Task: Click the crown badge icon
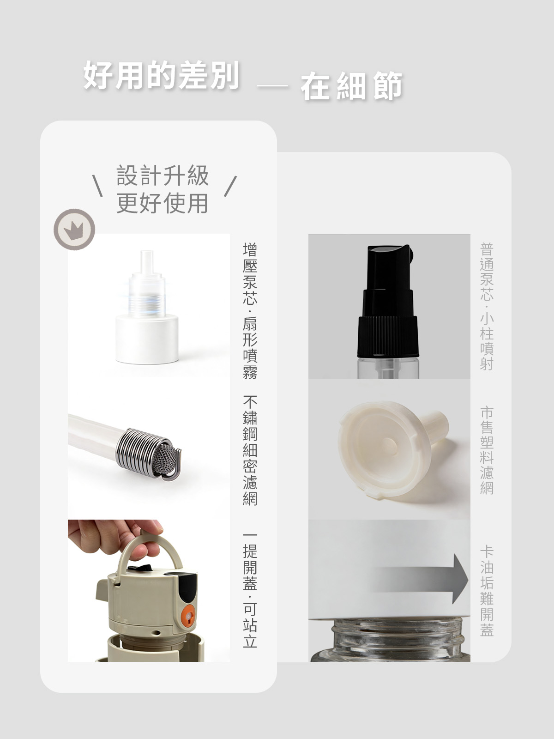(x=74, y=230)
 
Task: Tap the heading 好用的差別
(x=162, y=75)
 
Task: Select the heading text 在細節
(x=351, y=86)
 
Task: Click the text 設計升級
(x=163, y=176)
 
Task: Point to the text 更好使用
(x=163, y=203)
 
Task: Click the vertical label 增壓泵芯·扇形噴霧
(x=250, y=311)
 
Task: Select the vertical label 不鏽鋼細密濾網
(x=250, y=450)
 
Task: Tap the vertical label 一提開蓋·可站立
(x=250, y=591)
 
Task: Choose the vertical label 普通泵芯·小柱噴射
(x=487, y=307)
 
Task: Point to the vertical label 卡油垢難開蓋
(x=487, y=591)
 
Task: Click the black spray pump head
(x=388, y=301)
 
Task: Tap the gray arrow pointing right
(x=421, y=578)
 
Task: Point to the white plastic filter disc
(x=393, y=449)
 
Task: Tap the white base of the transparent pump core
(x=147, y=339)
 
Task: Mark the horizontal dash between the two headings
(x=272, y=86)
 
